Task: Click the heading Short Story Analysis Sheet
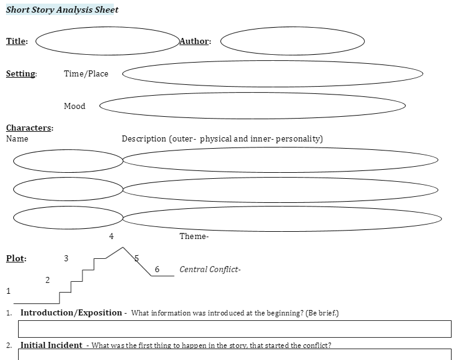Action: click(62, 10)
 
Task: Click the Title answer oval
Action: click(108, 41)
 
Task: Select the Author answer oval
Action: click(293, 41)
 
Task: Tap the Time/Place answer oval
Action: click(273, 73)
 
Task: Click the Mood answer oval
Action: click(252, 105)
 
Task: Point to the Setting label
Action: click(21, 74)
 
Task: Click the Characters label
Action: click(30, 128)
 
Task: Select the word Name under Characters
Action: click(17, 138)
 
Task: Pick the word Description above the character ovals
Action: click(144, 138)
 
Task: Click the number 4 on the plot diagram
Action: click(111, 237)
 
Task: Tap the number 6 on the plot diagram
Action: click(157, 269)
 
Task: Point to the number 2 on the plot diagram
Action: click(48, 280)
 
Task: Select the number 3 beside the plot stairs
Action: click(66, 258)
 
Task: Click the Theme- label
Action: click(194, 237)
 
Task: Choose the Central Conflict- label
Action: click(210, 269)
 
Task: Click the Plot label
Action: click(16, 258)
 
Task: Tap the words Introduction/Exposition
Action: click(71, 313)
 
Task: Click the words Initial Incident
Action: click(52, 346)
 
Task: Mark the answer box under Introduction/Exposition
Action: click(234, 329)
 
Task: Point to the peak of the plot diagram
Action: click(123, 247)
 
